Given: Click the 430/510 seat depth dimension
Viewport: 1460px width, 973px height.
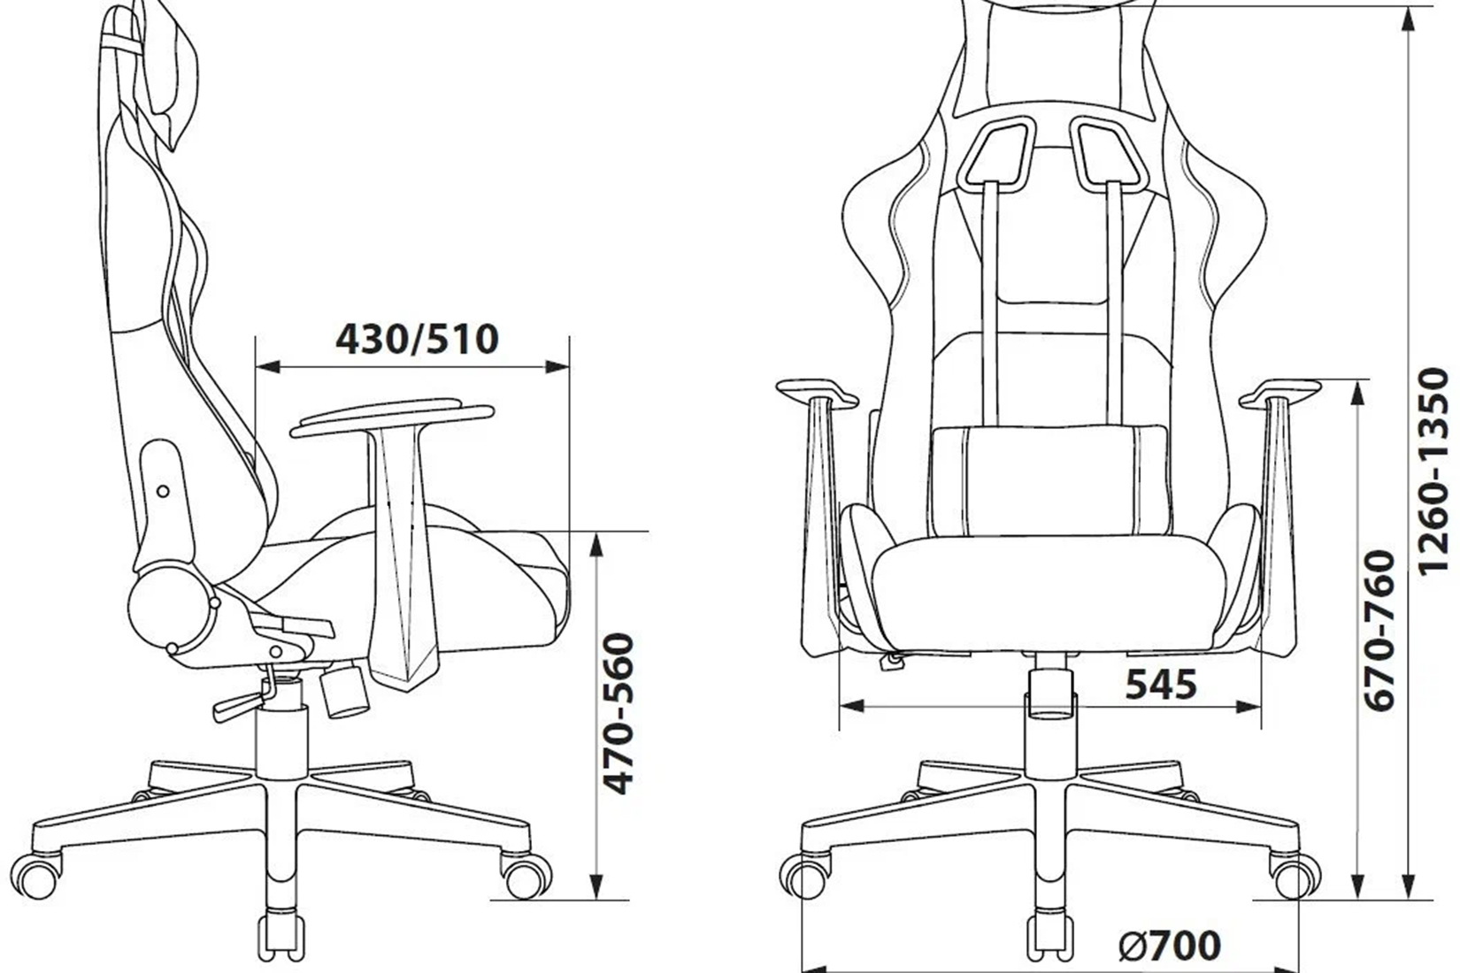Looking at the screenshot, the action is point(417,340).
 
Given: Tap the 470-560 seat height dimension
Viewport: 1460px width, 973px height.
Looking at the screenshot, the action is point(617,714).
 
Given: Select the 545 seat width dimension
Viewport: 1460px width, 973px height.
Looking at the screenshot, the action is point(1162,685).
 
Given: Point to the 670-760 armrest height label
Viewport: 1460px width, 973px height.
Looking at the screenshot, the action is point(1380,630).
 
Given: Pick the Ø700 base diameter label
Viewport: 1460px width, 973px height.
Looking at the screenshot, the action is point(1171,945).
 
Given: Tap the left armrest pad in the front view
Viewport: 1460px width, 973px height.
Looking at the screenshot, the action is point(818,393).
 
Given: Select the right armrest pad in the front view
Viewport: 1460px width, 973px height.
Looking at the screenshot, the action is point(1279,393).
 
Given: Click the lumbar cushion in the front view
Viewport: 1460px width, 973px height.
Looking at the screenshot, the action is point(1050,480).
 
